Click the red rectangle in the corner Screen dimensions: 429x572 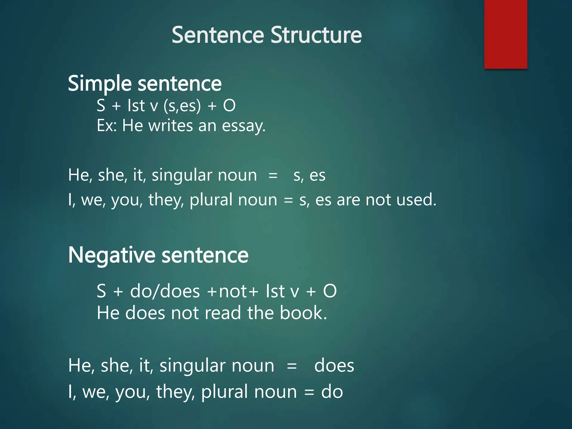[506, 34]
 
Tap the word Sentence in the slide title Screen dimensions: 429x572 [218, 35]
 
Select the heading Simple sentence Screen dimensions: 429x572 [145, 84]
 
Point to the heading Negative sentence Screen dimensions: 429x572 [158, 255]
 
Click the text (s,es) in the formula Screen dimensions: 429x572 [182, 106]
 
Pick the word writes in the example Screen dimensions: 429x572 [171, 126]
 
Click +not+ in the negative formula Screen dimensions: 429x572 [233, 291]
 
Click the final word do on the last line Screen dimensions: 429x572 [332, 392]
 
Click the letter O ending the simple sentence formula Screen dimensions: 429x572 [229, 106]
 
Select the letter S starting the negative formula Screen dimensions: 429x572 [101, 291]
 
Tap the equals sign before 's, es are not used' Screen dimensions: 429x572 [288, 200]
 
